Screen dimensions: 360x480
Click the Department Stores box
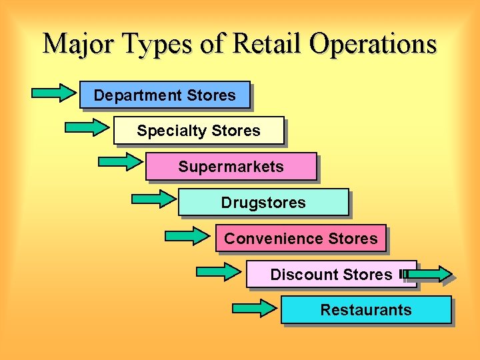165,95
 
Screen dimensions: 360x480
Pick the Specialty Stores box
199,131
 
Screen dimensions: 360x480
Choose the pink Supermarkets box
231,167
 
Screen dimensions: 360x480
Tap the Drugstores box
263,202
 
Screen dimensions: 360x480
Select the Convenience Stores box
301,238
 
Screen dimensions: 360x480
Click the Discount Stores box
331,274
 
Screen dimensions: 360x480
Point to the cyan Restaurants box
366,310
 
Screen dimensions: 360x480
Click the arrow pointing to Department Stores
54,93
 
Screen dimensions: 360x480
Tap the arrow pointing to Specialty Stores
87,127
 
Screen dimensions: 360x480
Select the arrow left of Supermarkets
120,161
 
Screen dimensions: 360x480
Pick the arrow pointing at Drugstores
153,198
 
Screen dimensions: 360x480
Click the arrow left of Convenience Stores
187,235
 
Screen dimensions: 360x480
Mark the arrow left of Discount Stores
219,271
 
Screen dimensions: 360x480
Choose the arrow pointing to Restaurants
253,308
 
